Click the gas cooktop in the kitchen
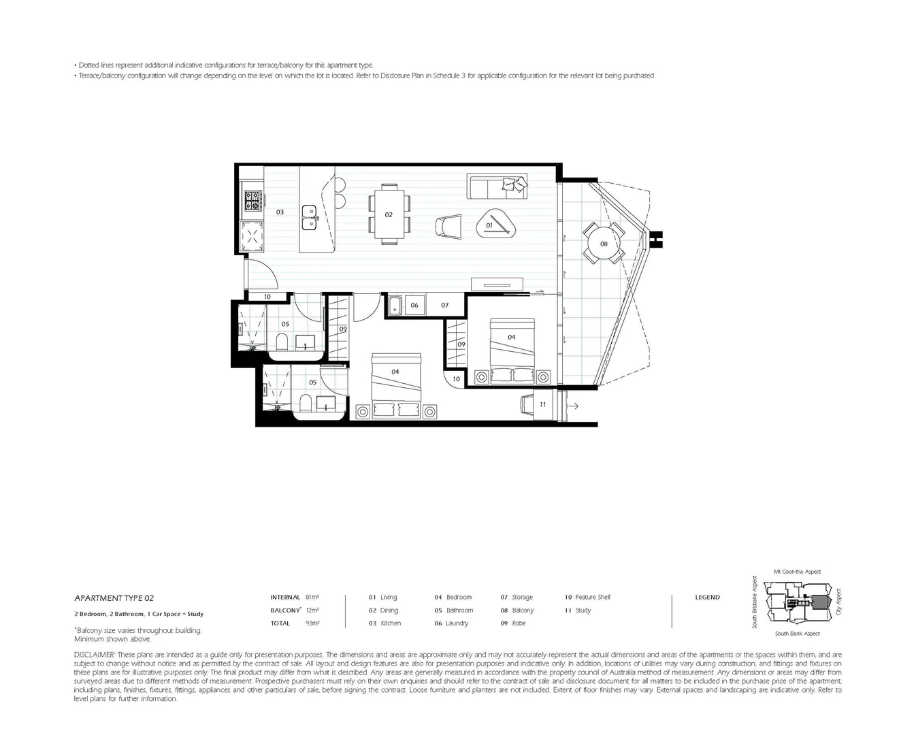coord(253,200)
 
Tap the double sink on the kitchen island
coord(310,215)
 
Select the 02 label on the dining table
coord(389,214)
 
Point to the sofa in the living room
coord(497,186)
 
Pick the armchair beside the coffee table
coord(448,226)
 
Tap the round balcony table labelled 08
coord(604,244)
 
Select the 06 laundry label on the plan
coord(414,305)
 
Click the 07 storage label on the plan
coord(445,305)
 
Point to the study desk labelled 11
coord(542,404)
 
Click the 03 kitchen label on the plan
coord(280,212)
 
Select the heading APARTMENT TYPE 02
coord(114,598)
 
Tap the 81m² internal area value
coord(312,597)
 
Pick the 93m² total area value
coord(312,623)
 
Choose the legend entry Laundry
coord(457,623)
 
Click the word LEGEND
coord(707,597)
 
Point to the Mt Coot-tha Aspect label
coord(797,572)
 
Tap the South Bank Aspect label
coord(797,634)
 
